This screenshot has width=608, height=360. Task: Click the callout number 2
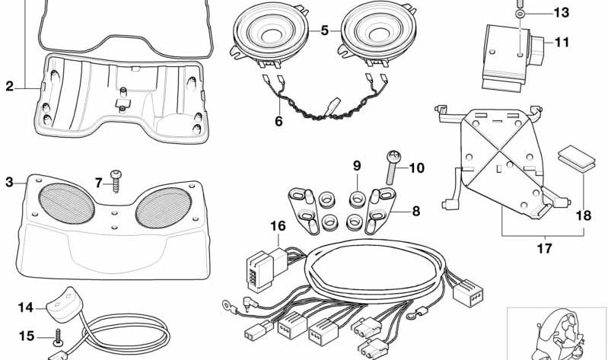(9, 87)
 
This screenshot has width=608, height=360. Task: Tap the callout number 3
(9, 183)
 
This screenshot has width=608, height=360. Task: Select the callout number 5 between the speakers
(324, 31)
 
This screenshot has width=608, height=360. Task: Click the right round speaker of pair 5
(378, 34)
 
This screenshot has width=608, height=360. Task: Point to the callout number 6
(279, 120)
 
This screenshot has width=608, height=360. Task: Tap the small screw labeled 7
(116, 180)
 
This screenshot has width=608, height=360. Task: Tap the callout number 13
(561, 13)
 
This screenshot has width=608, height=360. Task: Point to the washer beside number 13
(519, 14)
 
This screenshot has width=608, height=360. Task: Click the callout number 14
(26, 308)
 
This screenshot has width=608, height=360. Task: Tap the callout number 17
(524, 248)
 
